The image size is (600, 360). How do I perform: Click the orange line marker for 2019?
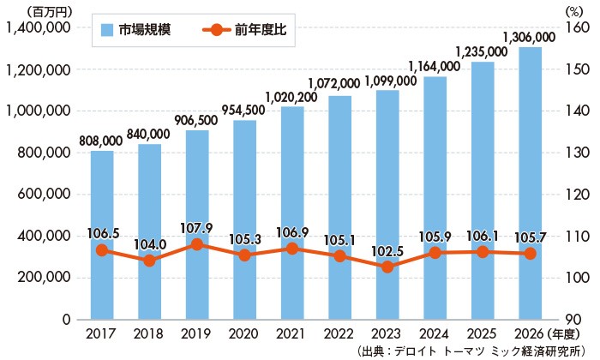[197, 244]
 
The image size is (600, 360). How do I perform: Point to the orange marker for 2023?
[387, 267]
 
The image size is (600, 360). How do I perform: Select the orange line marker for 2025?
[483, 252]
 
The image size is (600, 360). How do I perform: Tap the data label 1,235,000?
[483, 51]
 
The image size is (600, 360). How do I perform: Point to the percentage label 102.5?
[387, 249]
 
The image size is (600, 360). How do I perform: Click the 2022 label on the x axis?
[339, 331]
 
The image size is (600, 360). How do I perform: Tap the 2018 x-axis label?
[149, 331]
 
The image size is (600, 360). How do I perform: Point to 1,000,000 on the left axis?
[38, 111]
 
